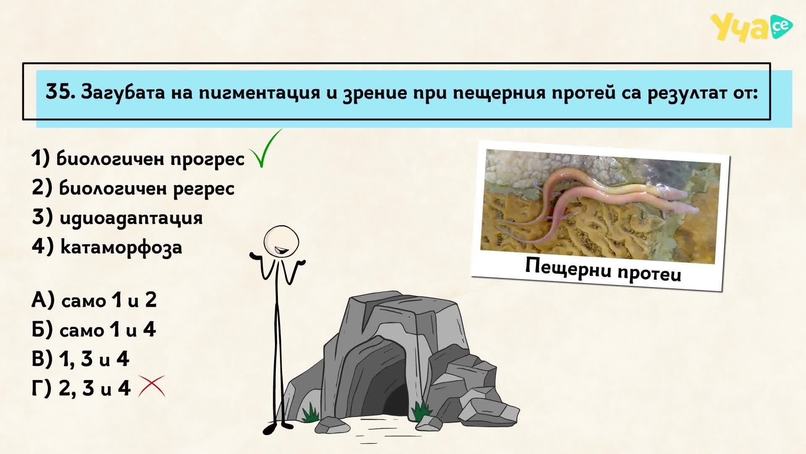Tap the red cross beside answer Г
(152, 386)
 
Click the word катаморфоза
(121, 247)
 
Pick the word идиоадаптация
(131, 218)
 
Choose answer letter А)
(43, 300)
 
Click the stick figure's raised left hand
(256, 255)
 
